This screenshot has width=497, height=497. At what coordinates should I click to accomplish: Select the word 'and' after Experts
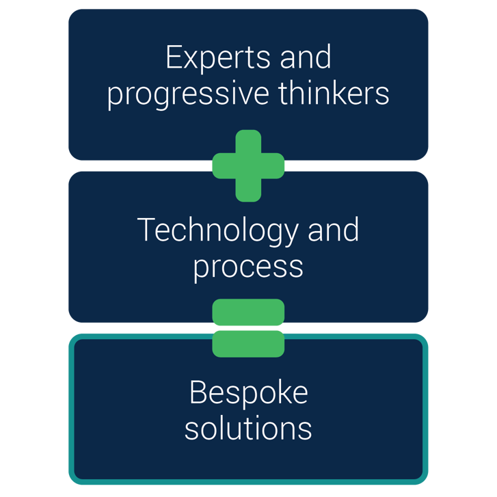point(306,57)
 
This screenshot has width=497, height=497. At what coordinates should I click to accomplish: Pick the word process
point(248,266)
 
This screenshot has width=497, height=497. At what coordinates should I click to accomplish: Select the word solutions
point(248,428)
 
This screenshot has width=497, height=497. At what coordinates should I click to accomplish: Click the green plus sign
point(248,165)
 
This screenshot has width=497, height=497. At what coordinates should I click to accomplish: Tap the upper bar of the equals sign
point(248,312)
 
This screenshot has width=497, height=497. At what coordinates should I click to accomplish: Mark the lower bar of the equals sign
point(248,343)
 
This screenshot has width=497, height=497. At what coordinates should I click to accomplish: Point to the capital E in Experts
point(174,57)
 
